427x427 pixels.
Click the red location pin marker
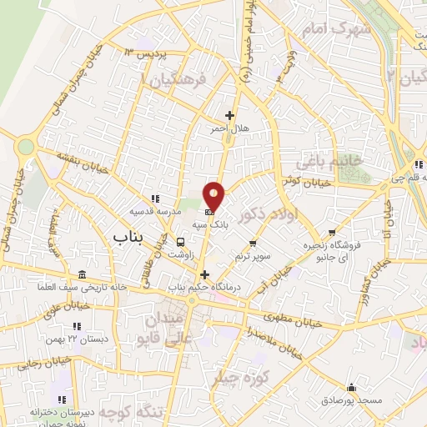(215, 197)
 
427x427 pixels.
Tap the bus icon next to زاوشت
(181, 243)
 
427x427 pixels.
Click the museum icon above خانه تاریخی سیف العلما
(81, 275)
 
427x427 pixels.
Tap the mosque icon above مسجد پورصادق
(350, 388)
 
